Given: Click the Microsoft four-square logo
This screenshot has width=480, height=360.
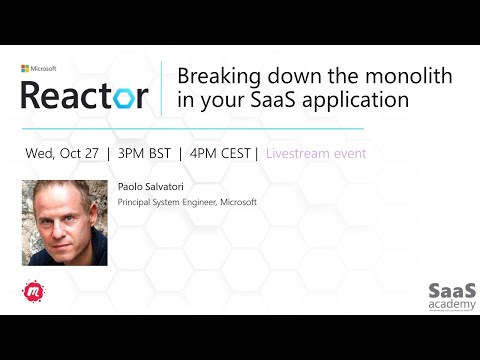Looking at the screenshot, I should (25, 69).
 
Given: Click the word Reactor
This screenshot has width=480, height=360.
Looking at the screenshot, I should (85, 95).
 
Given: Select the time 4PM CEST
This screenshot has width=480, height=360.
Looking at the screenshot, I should (222, 154).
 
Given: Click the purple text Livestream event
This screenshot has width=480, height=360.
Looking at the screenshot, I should (315, 154).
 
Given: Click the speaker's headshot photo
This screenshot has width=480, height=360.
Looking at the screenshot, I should (64, 222).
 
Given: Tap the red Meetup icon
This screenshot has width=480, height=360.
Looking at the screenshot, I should (32, 293).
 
